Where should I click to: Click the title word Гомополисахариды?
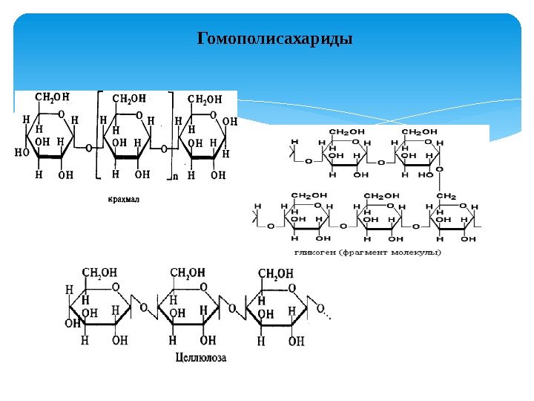[274, 38]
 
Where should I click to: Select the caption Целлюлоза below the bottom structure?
[201, 357]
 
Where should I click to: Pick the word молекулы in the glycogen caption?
[416, 252]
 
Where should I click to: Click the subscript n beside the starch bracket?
[175, 177]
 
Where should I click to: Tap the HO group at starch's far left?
[22, 154]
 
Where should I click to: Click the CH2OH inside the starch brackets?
[129, 98]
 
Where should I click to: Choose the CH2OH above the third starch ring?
[205, 99]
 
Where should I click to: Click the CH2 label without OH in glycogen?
[446, 196]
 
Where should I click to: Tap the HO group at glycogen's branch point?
[426, 175]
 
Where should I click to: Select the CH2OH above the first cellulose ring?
[99, 273]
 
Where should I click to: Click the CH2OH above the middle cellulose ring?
[188, 273]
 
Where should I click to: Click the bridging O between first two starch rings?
[89, 148]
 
